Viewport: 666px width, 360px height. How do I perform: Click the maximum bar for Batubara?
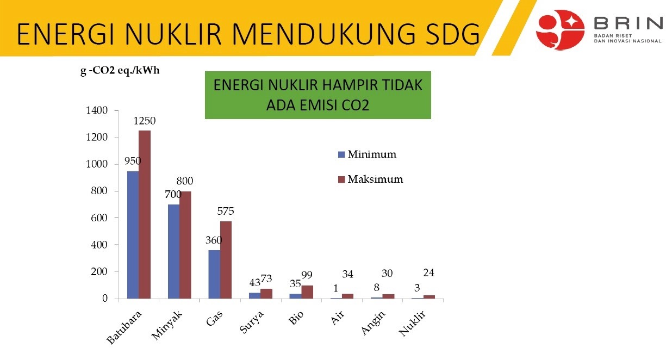pos(145,214)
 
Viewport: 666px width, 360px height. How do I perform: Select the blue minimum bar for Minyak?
pos(173,251)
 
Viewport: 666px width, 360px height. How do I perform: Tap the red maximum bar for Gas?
pos(226,260)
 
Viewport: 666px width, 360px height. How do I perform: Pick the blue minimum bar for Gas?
pos(214,274)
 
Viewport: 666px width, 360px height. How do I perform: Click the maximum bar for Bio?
pos(307,292)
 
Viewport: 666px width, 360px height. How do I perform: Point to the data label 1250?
pos(145,121)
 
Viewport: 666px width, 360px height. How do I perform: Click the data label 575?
pos(226,211)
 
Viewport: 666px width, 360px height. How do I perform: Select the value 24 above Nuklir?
pos(429,272)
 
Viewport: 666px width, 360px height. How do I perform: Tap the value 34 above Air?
pos(347,274)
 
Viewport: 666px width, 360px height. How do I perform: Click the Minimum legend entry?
pos(368,154)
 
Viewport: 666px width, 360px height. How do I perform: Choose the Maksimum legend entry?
pos(371,179)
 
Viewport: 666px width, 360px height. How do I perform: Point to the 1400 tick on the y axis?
pos(97,110)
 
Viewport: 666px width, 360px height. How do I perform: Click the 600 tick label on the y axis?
pos(99,218)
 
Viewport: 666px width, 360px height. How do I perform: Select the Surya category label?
pos(252,322)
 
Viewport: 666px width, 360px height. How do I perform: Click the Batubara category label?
pos(124,327)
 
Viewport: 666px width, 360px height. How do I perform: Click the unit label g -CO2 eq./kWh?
pos(120,71)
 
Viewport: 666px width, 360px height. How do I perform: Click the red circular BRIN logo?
pos(560,30)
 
